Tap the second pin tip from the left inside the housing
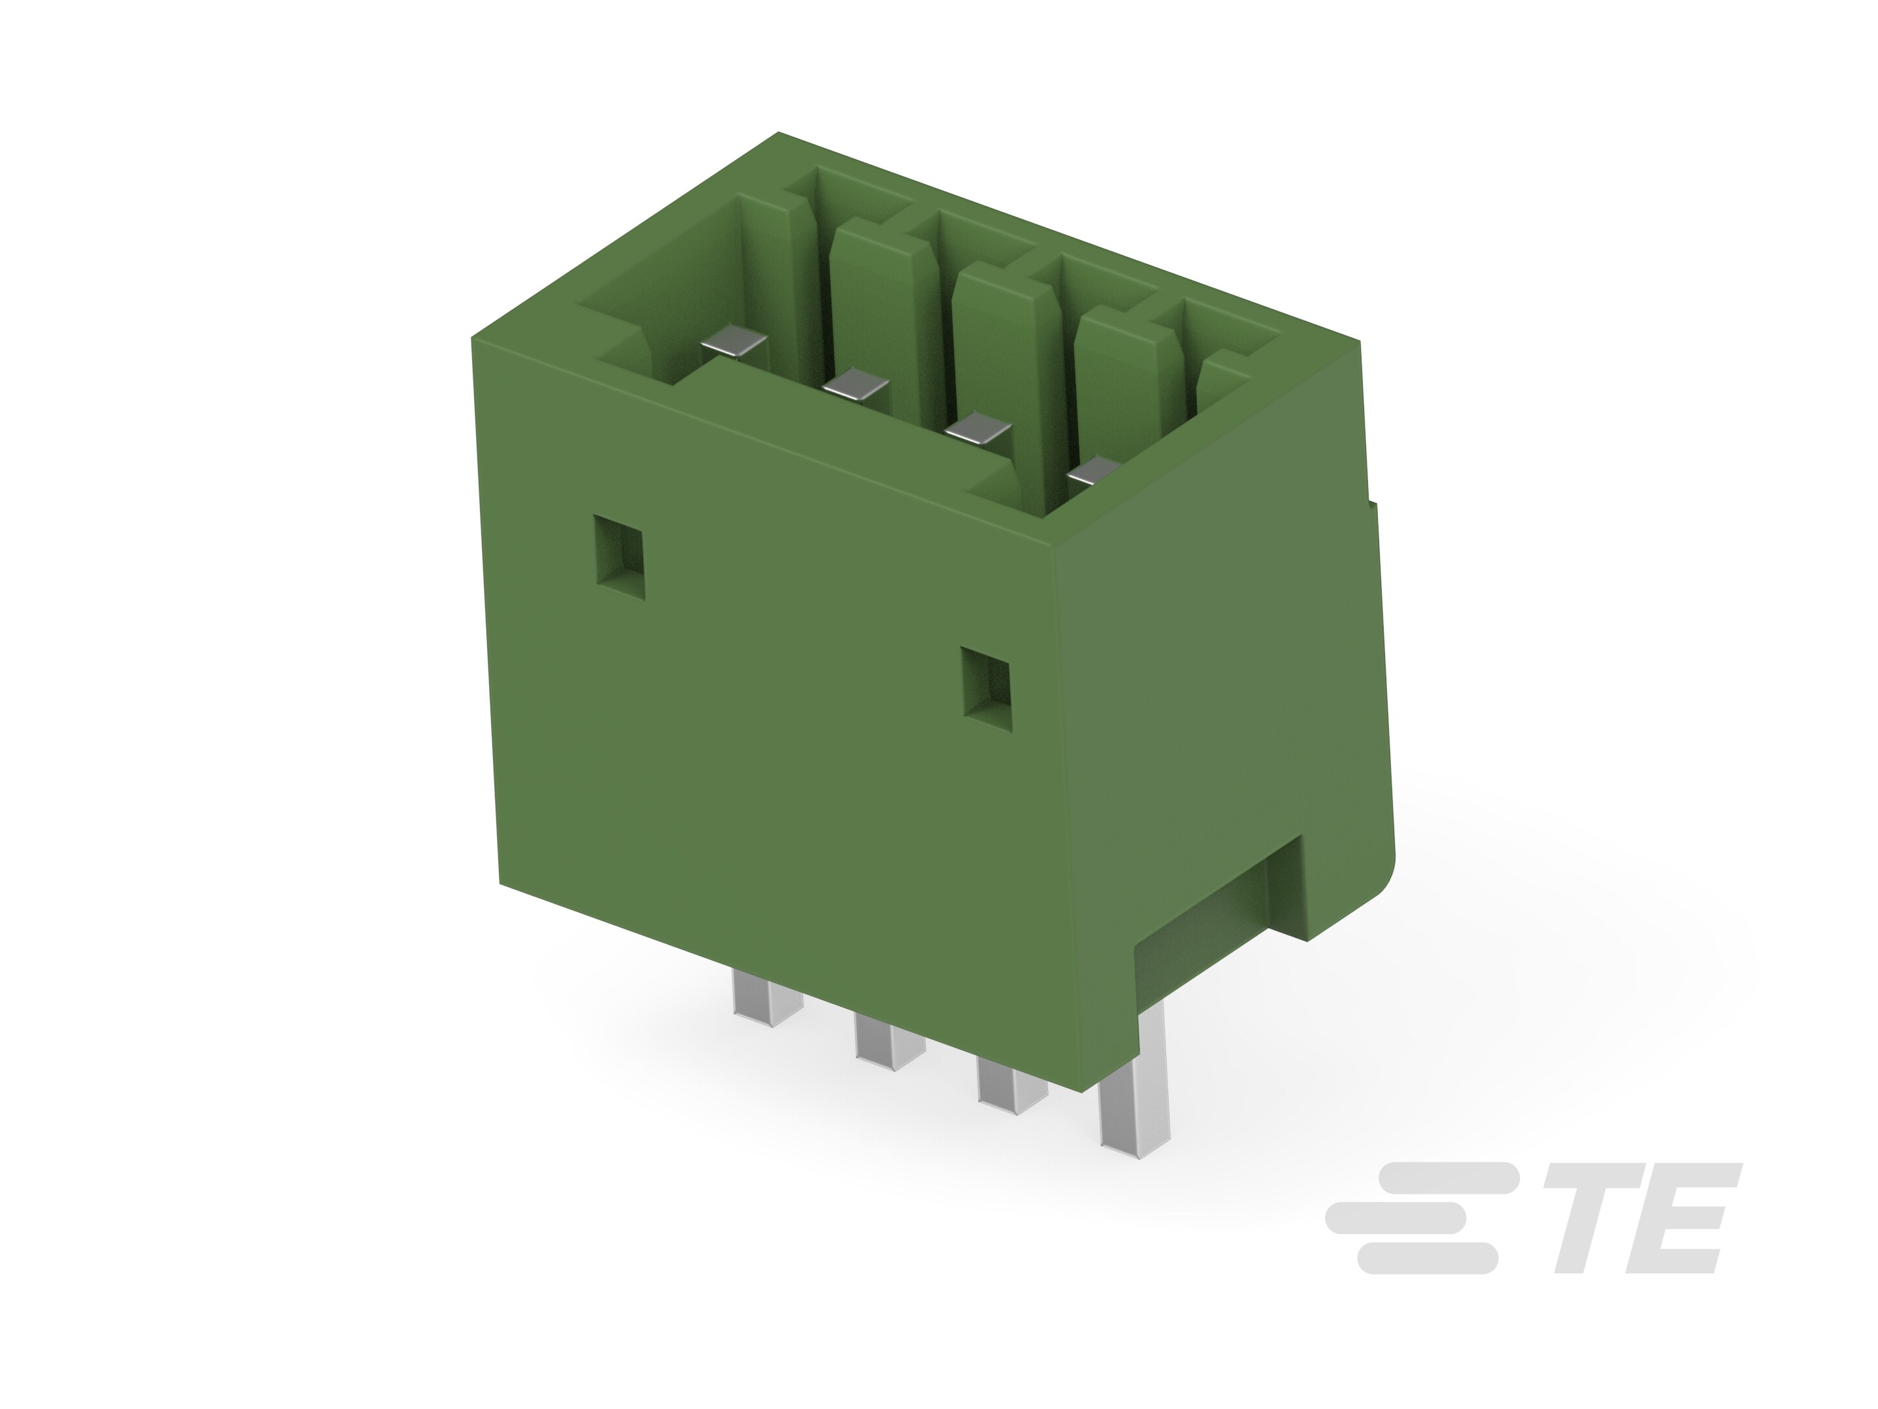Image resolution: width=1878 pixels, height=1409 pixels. (856, 386)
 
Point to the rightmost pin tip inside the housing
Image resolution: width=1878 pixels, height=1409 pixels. (1095, 472)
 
